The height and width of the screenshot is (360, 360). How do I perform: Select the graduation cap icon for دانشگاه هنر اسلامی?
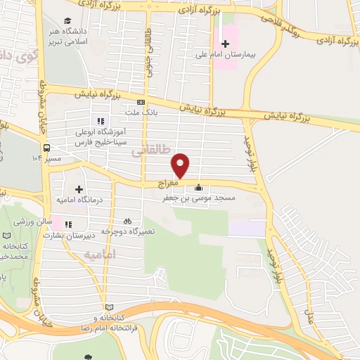pyautogui.click(x=67, y=21)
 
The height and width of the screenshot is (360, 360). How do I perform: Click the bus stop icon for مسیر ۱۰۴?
pyautogui.click(x=46, y=148)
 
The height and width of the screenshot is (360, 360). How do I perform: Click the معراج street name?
pyautogui.click(x=168, y=183)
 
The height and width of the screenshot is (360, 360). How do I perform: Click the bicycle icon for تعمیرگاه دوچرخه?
pyautogui.click(x=127, y=220)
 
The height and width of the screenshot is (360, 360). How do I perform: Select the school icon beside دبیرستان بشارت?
pyautogui.click(x=68, y=225)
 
